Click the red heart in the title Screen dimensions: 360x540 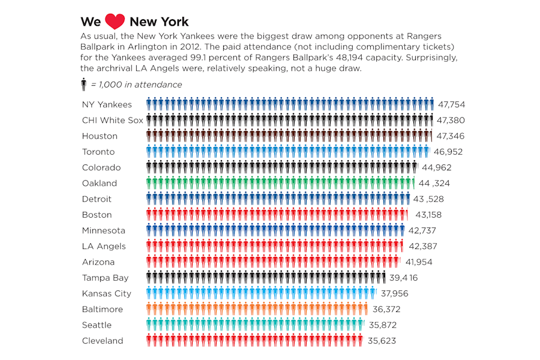(115, 22)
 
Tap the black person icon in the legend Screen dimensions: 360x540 (84, 85)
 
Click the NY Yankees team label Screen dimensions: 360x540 (107, 104)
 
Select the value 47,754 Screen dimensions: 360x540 (451, 104)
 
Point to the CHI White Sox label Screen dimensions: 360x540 (113, 120)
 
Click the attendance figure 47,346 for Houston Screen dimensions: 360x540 (450, 136)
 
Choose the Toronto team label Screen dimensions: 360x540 (98, 152)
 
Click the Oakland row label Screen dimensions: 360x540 (100, 183)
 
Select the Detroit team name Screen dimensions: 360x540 (97, 199)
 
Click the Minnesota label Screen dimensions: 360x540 (104, 230)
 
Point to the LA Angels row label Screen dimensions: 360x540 (104, 246)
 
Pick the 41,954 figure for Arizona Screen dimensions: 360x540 (419, 262)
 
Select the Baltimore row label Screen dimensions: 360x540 (103, 309)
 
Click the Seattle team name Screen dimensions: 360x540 (97, 325)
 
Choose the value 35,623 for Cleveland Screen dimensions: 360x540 (382, 341)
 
